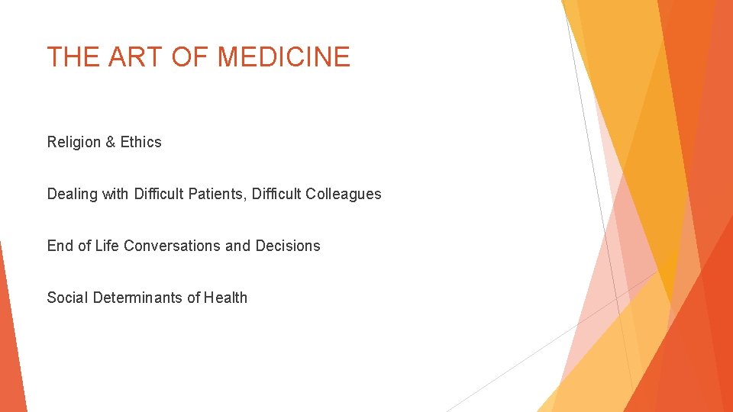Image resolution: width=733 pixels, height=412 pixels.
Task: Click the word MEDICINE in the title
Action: coord(283,57)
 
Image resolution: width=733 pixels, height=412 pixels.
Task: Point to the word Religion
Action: coord(74,142)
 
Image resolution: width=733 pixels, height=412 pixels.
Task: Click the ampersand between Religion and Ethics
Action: coord(111,142)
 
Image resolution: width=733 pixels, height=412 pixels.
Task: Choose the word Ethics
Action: coord(141,142)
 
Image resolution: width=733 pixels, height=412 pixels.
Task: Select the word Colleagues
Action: coord(343,194)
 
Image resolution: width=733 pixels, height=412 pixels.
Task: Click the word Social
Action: coord(67,298)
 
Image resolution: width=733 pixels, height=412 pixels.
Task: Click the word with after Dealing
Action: coord(115,194)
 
